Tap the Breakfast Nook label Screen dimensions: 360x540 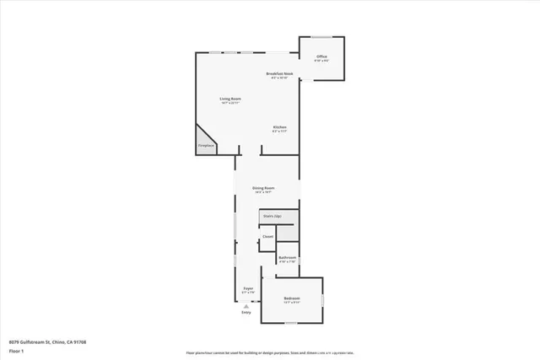tap(279, 73)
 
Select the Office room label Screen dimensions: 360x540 tap(321, 56)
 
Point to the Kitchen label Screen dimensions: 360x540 tap(279, 127)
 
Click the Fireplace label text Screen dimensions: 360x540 tap(206, 146)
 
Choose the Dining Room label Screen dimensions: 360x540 tap(264, 187)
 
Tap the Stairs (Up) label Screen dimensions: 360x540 tap(271, 216)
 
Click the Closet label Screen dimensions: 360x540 tap(267, 237)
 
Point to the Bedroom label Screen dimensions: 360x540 tap(292, 298)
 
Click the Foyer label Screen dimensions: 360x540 tap(249, 288)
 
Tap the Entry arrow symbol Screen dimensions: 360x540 tap(247, 306)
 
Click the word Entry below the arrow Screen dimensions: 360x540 tap(247, 313)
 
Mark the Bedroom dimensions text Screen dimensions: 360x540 tap(292, 303)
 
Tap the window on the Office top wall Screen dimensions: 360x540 tap(321, 36)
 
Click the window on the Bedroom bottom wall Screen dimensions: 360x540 tap(290, 322)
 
